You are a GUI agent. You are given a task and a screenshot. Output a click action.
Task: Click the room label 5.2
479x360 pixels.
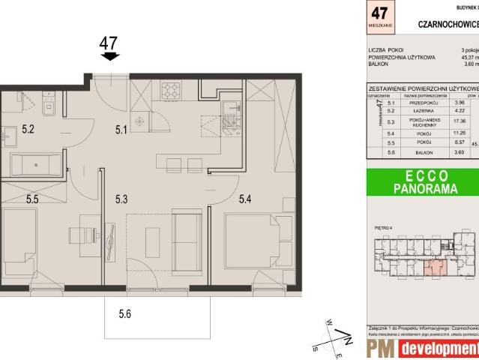(28, 128)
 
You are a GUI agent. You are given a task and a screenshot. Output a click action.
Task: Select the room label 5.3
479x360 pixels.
(123, 199)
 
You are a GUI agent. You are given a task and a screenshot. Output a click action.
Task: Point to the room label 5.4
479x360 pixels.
(247, 199)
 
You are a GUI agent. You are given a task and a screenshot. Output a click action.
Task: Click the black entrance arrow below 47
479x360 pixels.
(109, 56)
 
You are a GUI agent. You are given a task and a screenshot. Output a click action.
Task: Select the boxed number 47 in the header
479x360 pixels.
(380, 14)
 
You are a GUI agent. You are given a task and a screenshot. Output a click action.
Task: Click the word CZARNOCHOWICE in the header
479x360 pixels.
(448, 23)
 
